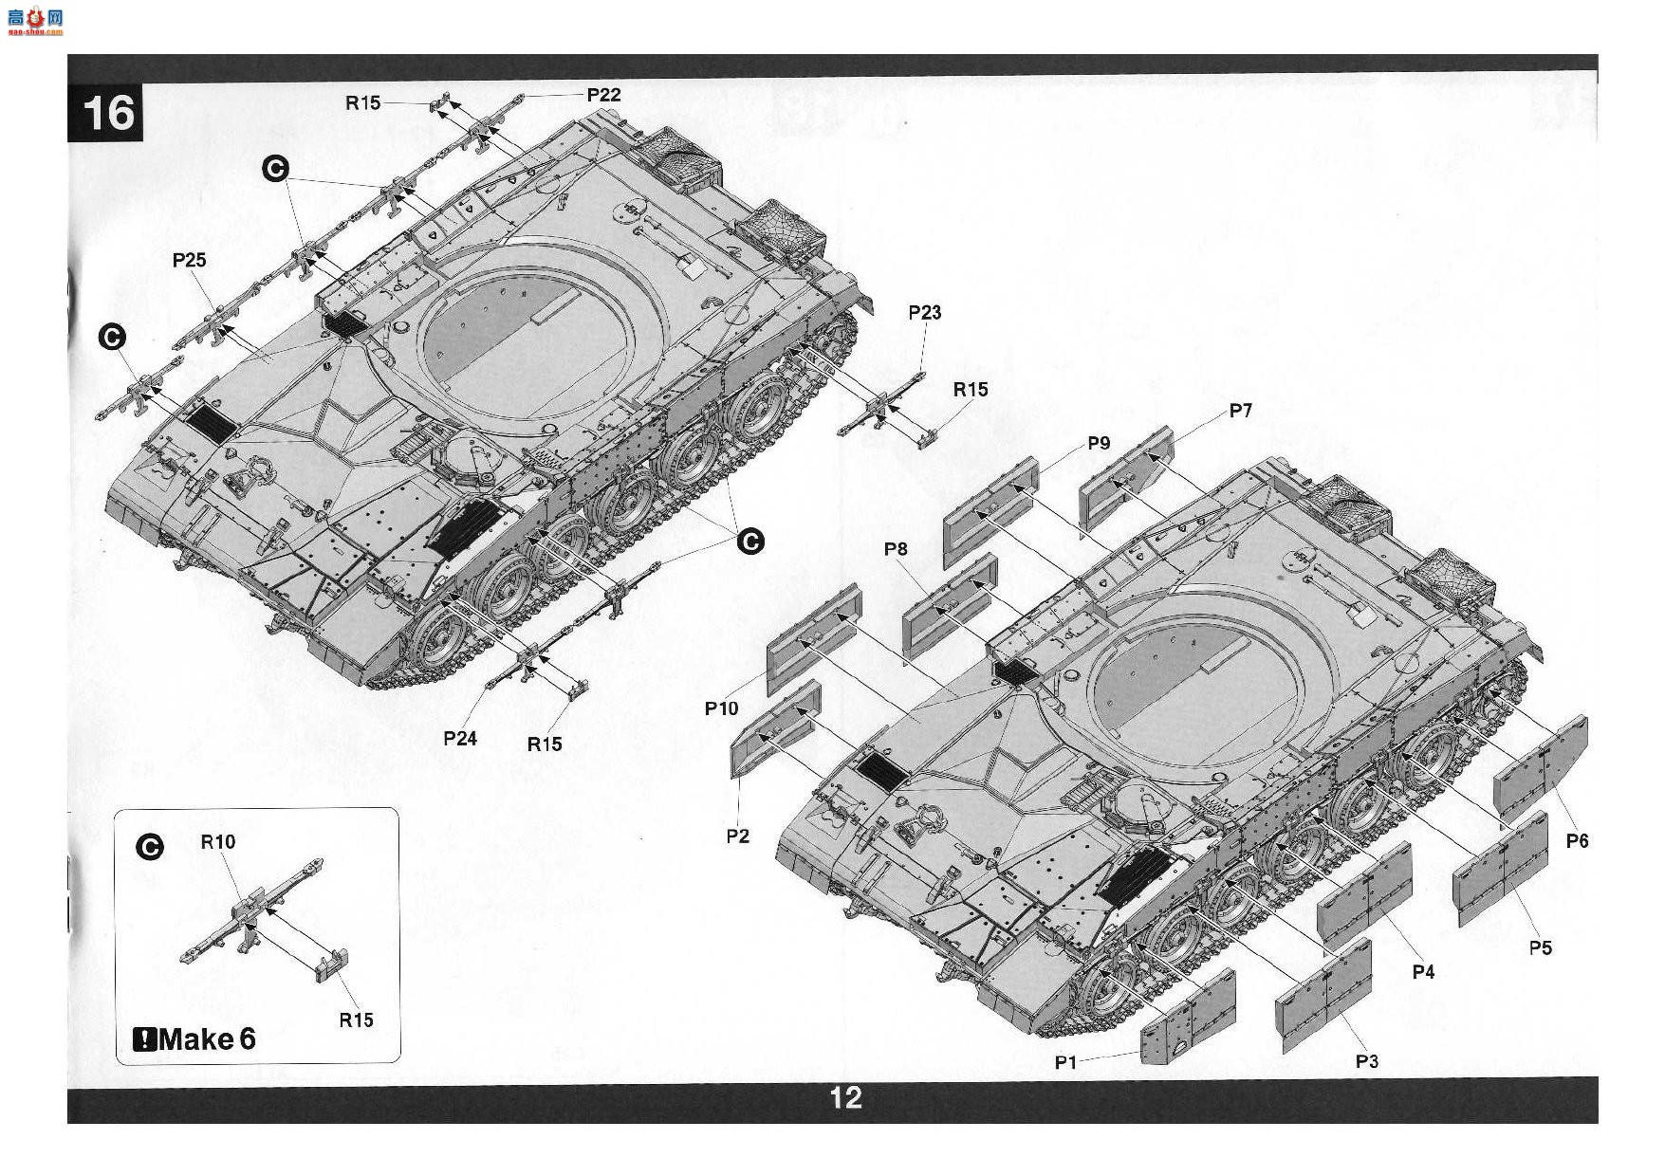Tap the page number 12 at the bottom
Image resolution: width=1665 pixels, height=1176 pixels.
pos(845,1097)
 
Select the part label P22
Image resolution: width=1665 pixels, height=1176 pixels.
pos(603,95)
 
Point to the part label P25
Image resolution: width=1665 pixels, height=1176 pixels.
pos(189,260)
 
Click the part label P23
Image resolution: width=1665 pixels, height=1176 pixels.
pos(925,313)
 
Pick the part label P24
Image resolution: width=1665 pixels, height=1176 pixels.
pos(460,738)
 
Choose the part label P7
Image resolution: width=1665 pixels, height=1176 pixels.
pos(1240,411)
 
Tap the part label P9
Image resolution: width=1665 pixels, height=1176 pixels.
pos(1099,443)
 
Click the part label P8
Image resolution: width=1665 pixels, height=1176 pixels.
pos(896,549)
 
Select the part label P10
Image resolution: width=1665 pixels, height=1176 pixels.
pos(721,708)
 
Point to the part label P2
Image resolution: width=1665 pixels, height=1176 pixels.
pos(737,836)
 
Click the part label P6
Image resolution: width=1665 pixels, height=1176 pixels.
pos(1577,840)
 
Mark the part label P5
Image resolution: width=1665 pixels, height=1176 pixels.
pos(1541,947)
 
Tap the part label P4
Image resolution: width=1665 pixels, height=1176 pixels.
pos(1423,971)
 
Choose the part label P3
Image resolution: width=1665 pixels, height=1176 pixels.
pos(1366,1061)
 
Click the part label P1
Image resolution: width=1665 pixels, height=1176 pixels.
pos(1066,1062)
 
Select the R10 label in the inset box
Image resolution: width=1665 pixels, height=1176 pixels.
pos(217,842)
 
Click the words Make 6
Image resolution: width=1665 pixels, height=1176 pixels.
pos(207,1039)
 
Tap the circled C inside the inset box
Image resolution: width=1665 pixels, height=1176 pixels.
pos(150,848)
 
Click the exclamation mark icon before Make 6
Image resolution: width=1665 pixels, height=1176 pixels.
pos(144,1040)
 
